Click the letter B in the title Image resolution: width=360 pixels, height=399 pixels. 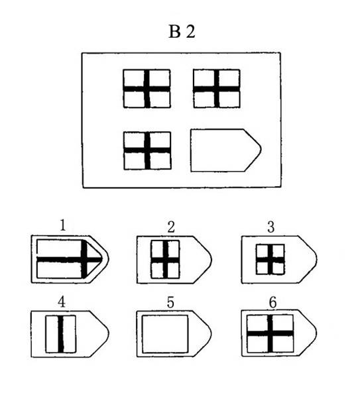click(174, 32)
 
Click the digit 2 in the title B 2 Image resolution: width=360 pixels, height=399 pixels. click(190, 32)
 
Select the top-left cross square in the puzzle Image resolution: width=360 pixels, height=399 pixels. click(147, 89)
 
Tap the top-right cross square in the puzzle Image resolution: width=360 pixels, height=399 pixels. click(216, 89)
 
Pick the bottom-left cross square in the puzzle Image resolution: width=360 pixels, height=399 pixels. click(147, 150)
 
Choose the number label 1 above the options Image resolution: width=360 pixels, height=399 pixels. click(62, 225)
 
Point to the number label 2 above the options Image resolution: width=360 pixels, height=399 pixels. click(171, 227)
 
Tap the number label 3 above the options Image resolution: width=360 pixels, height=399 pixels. click(271, 227)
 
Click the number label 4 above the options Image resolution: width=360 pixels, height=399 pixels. click(62, 302)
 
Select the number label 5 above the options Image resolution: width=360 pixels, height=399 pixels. click(170, 302)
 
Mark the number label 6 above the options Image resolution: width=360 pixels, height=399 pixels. click(272, 302)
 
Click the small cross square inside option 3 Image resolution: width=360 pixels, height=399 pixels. click(270, 259)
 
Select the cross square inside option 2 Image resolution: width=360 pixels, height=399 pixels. click(165, 259)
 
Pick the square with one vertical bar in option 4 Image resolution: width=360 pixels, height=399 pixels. click(60, 334)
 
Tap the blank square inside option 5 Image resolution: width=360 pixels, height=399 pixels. click(165, 334)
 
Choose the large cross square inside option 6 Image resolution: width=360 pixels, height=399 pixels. click(270, 333)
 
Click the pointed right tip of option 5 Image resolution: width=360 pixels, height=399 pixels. click(211, 333)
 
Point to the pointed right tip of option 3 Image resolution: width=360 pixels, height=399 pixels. click(317, 259)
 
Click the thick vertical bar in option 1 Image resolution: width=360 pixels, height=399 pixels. click(84, 259)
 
